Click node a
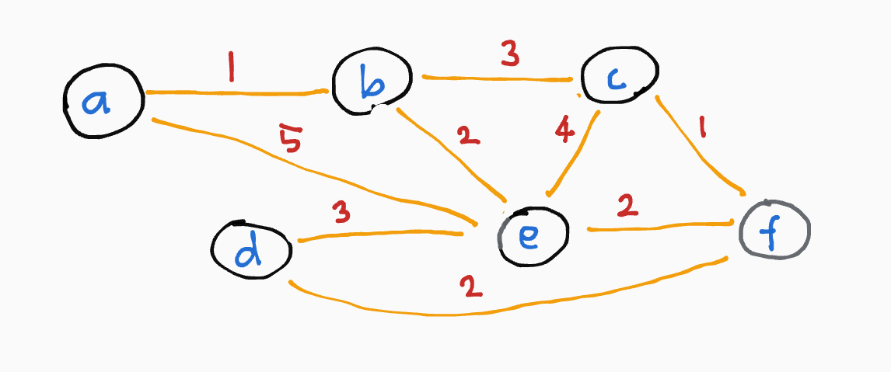pos(103,101)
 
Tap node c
pos(620,78)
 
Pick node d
pos(251,250)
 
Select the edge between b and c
pos(498,78)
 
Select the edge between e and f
pos(661,227)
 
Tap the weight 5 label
pos(290,141)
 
